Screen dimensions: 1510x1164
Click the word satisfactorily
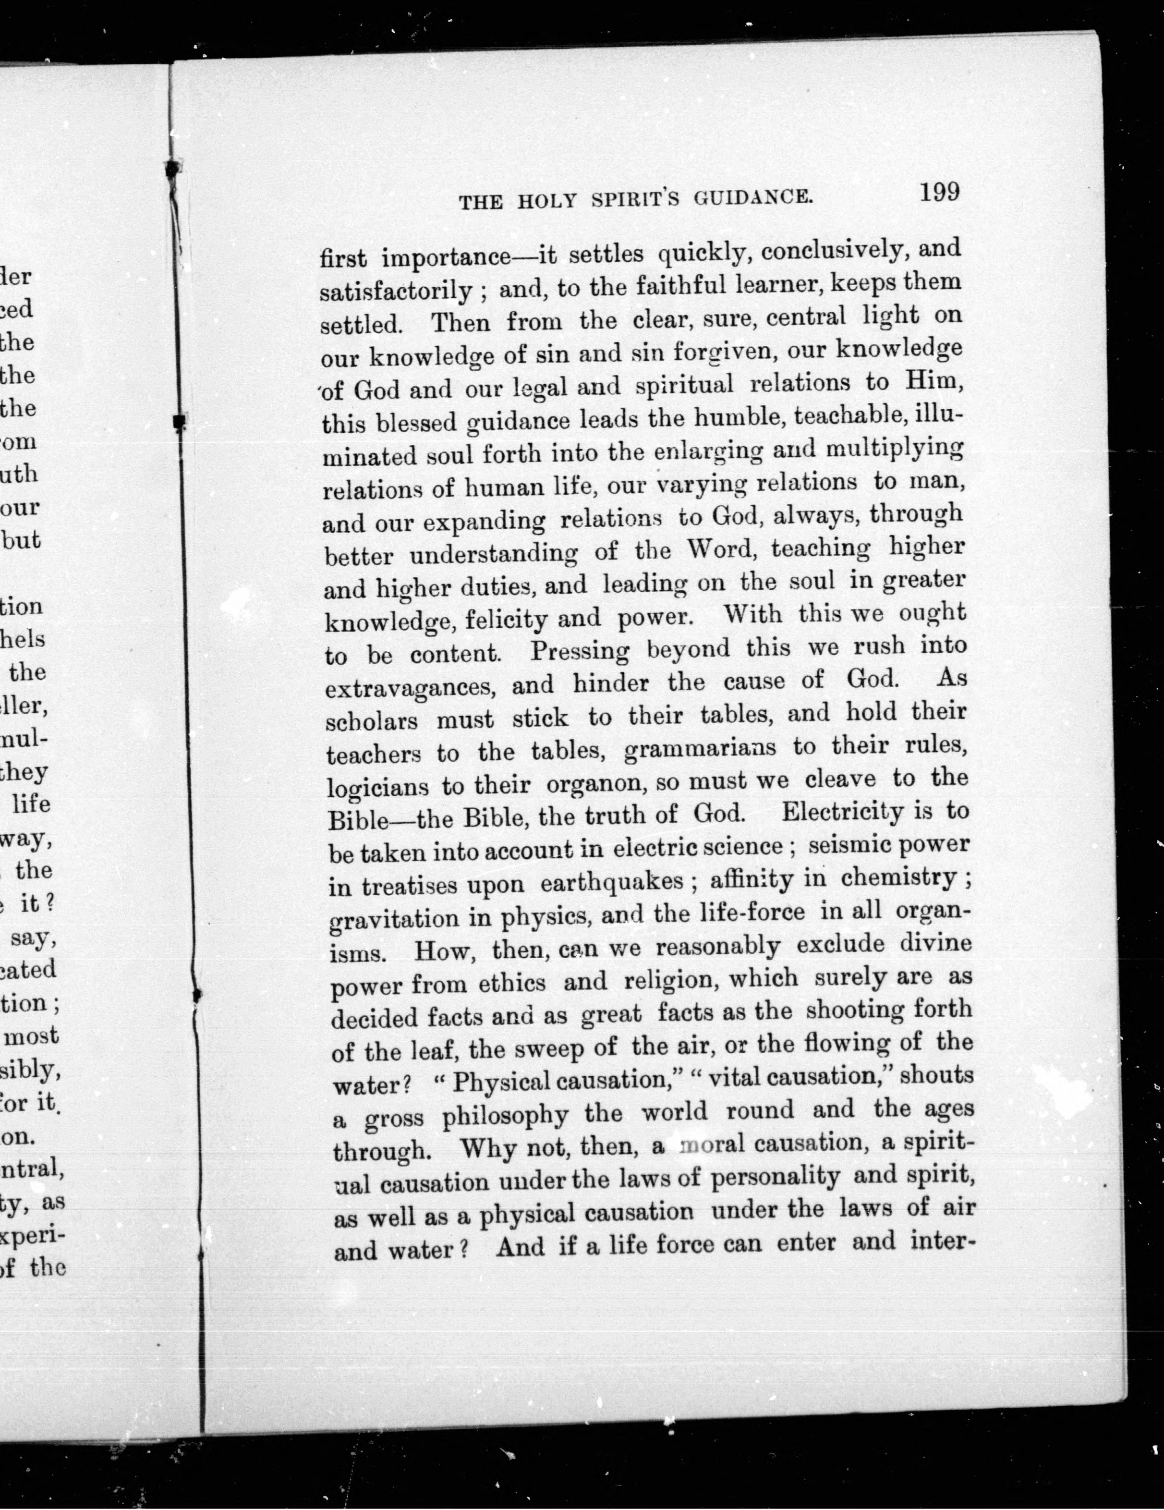coord(396,291)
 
